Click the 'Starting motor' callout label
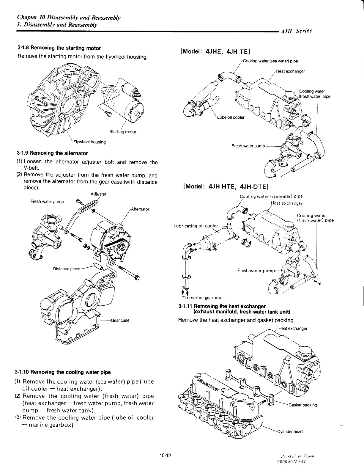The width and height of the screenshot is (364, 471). (122, 132)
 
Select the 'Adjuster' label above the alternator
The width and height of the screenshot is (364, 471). (98, 194)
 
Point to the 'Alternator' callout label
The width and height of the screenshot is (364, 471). (140, 209)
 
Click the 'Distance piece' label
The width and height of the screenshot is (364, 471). (67, 269)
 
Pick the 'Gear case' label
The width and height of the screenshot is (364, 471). (120, 321)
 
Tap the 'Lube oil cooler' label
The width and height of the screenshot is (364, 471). (231, 117)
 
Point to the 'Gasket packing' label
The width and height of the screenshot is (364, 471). (302, 405)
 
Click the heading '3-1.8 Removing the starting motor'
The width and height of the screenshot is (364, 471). (59, 48)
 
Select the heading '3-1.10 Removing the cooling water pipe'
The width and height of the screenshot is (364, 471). (62, 372)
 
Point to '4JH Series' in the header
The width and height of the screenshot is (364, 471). (296, 31)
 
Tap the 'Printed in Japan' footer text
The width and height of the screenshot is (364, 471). (293, 456)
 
